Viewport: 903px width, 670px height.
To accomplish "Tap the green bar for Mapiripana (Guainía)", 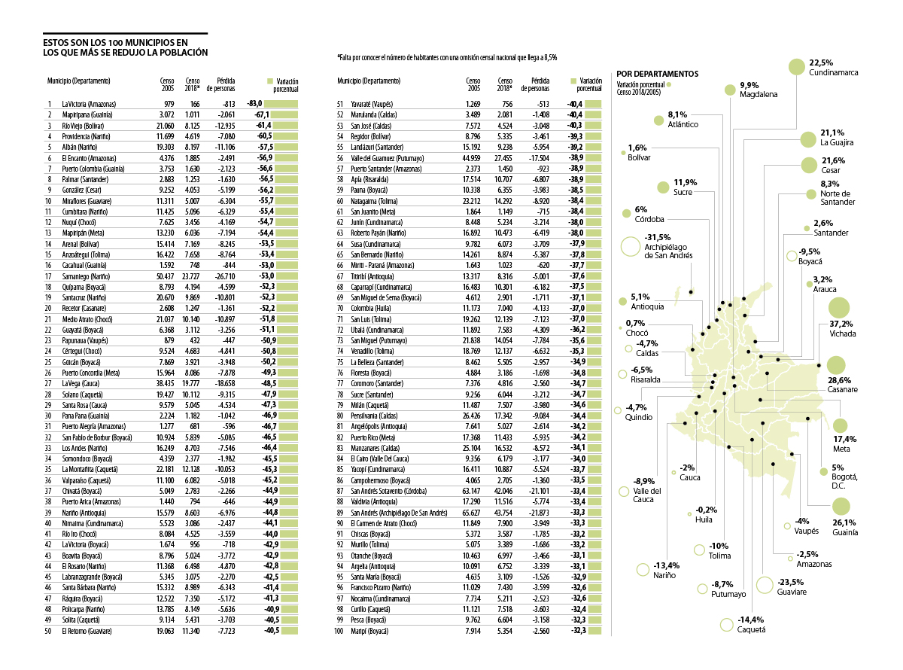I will coord(283,114).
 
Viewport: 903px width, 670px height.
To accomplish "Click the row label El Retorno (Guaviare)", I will coord(87,630).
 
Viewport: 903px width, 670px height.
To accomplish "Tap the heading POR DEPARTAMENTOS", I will coord(657,74).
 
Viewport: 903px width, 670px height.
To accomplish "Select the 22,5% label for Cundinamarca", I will coord(821,62).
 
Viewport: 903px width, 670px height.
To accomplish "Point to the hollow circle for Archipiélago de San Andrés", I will coord(631,246).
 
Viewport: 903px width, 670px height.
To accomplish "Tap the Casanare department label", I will coord(843,390).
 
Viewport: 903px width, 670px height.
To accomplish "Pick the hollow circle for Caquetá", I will coord(726,624).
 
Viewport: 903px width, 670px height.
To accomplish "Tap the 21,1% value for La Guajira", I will coord(833,132).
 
